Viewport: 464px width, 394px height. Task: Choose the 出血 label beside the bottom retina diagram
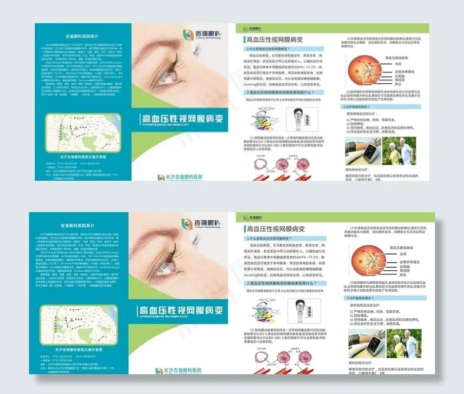400,254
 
